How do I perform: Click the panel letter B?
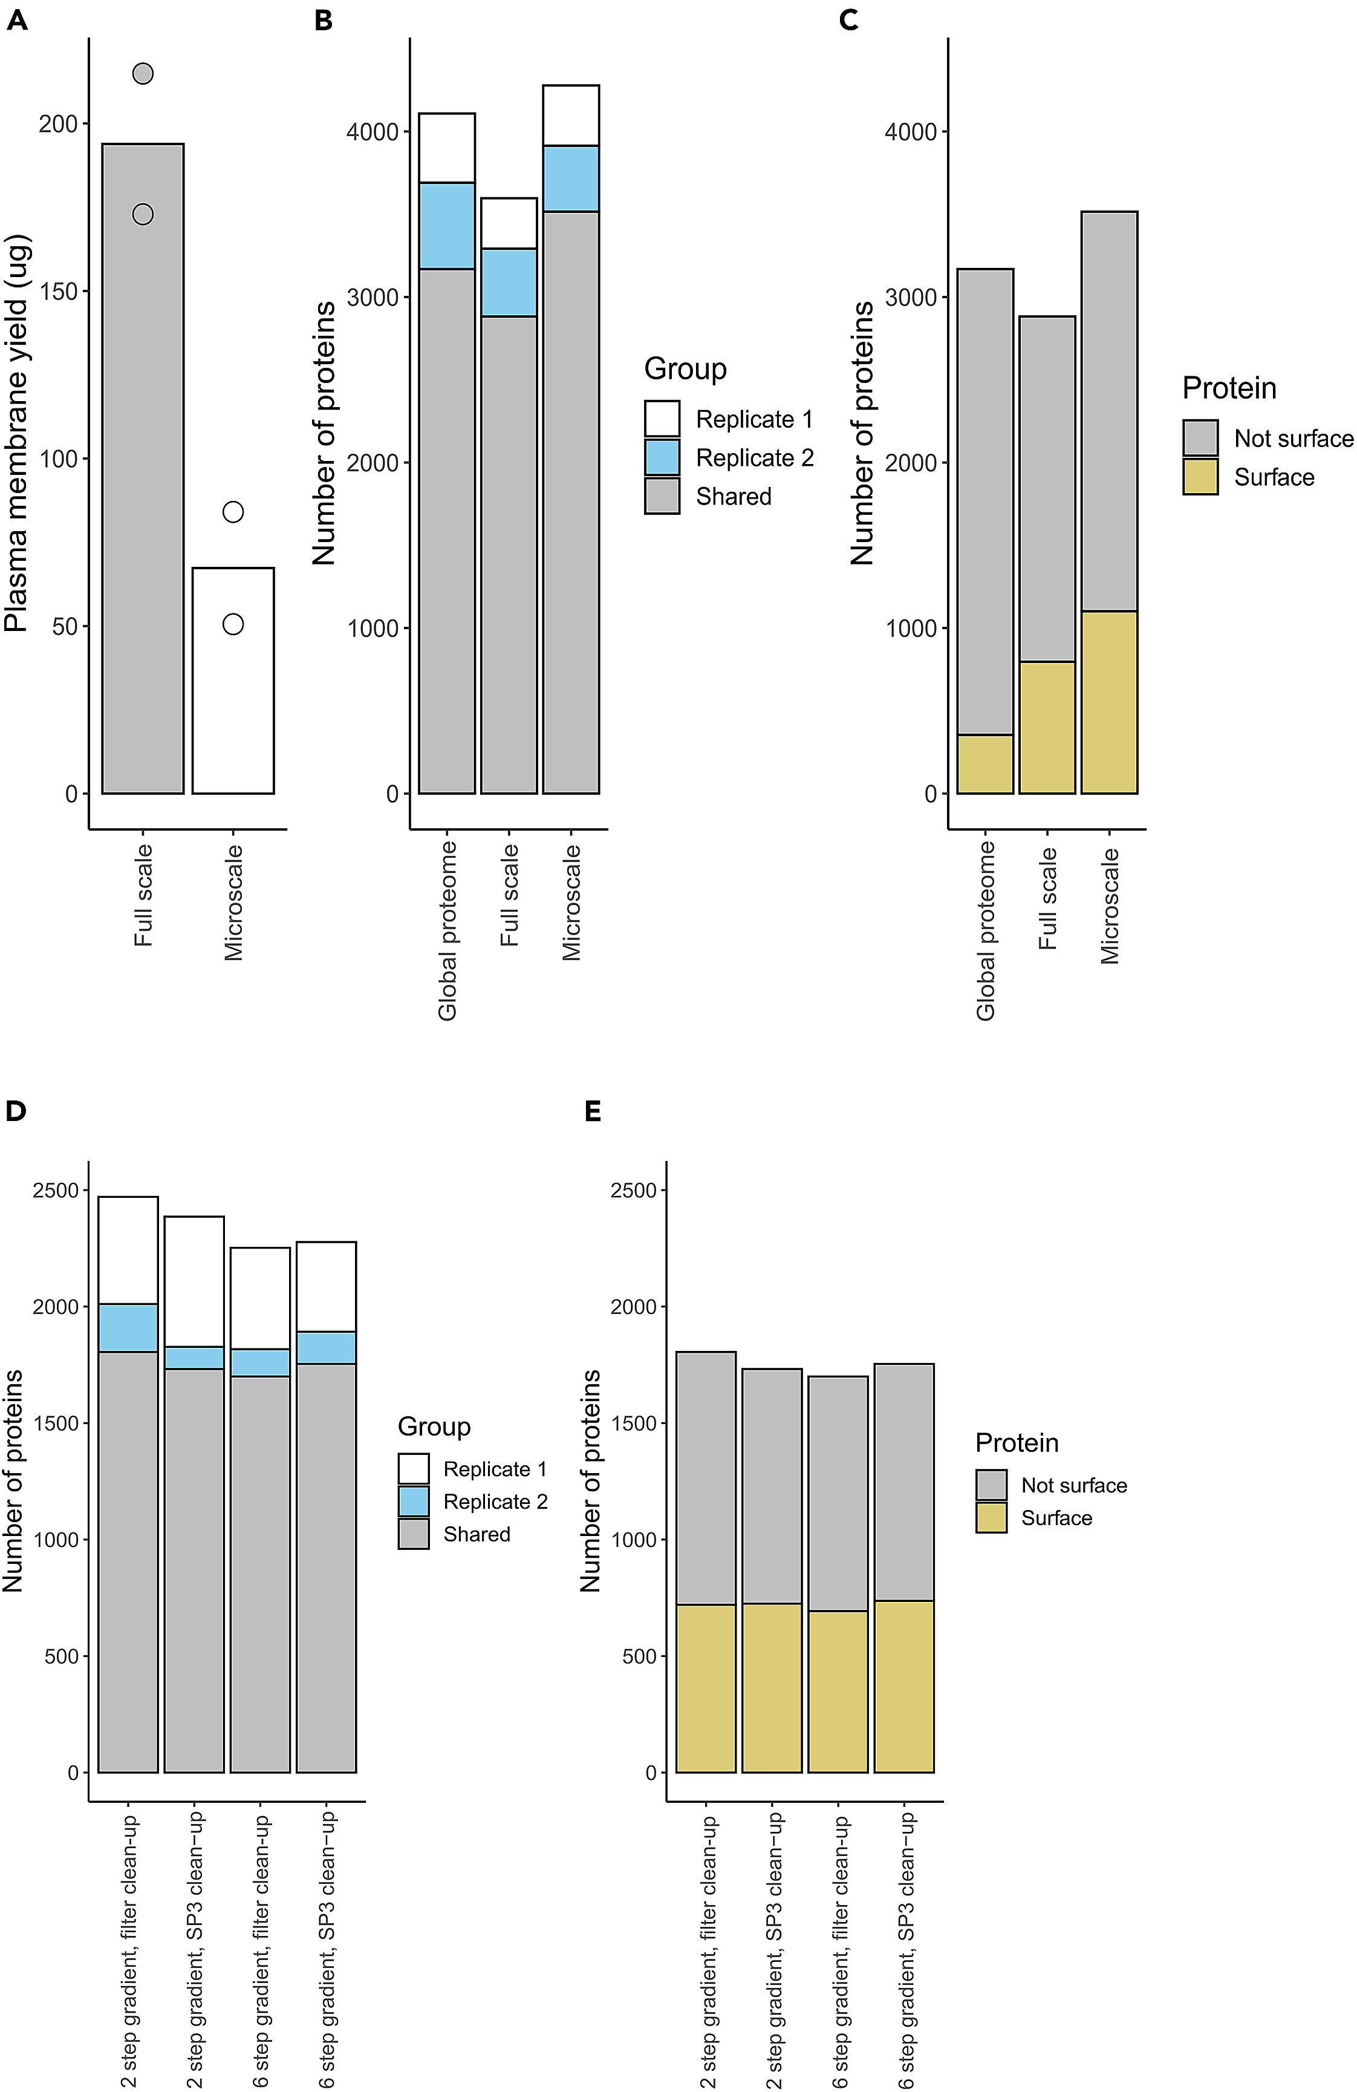pos(324,20)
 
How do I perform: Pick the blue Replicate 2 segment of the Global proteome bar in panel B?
pos(446,226)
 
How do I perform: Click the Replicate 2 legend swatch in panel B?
pos(662,458)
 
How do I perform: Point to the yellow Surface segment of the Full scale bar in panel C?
pos(1047,728)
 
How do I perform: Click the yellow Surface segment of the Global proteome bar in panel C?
pos(985,764)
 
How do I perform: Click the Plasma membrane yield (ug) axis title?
pos(17,433)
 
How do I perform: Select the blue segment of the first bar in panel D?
pos(128,1327)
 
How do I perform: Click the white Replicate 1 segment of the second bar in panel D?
pos(194,1281)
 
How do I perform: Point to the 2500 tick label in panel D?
pos(56,1190)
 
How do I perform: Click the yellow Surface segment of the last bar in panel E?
pos(903,1686)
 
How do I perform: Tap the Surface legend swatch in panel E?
pos(991,1518)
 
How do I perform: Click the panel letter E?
pos(593,1112)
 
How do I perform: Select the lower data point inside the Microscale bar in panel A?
pos(233,624)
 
